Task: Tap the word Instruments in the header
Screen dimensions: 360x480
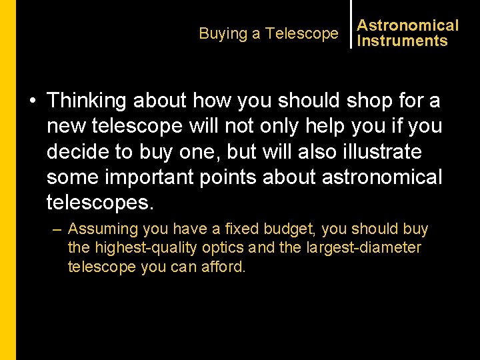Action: click(402, 41)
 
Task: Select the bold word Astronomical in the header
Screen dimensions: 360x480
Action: click(408, 25)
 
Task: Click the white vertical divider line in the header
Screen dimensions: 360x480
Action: click(351, 24)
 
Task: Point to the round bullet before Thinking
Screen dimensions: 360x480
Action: click(32, 101)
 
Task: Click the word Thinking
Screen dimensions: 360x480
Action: click(87, 101)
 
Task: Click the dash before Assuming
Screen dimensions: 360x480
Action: click(57, 229)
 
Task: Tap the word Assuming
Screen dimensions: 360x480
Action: click(103, 229)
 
